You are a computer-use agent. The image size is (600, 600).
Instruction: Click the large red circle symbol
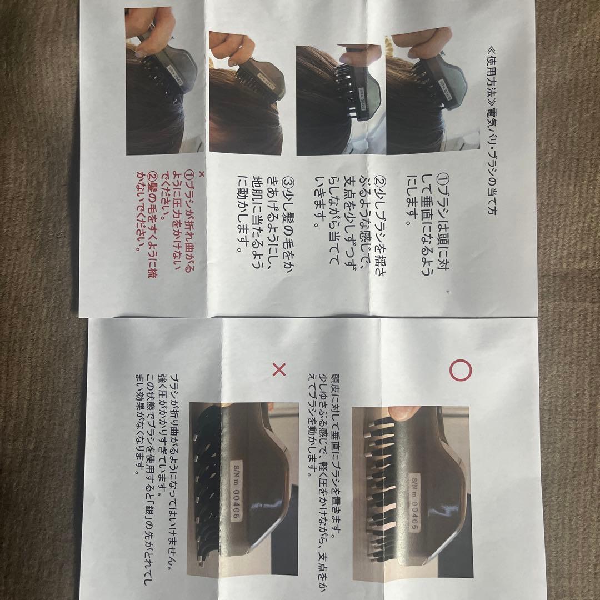pos(460,370)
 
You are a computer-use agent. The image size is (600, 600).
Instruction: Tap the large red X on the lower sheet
pos(279,369)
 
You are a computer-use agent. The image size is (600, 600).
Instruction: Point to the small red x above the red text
pos(202,174)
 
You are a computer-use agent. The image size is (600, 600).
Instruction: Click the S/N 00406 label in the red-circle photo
pos(414,503)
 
